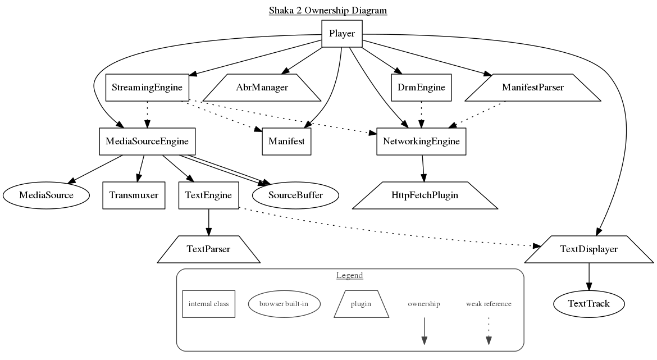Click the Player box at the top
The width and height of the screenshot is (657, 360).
coord(341,34)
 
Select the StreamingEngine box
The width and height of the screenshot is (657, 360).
coord(147,88)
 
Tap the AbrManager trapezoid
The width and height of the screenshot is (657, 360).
coord(262,88)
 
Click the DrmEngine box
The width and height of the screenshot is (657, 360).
coord(421,88)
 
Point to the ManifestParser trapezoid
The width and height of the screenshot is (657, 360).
coord(533,88)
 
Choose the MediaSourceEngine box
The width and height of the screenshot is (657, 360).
coord(147,141)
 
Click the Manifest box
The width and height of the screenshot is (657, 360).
coord(286,141)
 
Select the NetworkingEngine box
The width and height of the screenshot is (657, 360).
coord(421,141)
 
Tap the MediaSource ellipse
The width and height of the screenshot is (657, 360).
coord(46,195)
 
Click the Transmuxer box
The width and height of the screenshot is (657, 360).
coord(134,195)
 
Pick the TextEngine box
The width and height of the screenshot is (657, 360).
coord(208,195)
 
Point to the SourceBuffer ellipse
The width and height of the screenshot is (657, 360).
coord(295,195)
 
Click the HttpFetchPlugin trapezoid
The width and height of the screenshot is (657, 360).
coord(425,195)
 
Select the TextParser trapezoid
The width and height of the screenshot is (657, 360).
coord(208,249)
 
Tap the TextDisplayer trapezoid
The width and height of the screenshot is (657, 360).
coord(588,249)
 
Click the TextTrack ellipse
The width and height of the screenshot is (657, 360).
coord(588,304)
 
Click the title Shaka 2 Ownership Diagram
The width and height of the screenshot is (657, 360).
coord(328,10)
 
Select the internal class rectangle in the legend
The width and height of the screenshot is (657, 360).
coord(208,304)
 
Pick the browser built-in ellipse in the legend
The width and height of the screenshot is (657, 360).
coord(284,304)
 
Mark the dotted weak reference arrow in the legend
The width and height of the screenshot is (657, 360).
coord(489,331)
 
